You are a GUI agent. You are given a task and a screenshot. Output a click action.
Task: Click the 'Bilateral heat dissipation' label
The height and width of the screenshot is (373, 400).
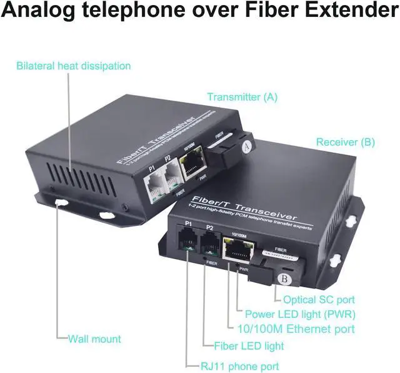point(74,66)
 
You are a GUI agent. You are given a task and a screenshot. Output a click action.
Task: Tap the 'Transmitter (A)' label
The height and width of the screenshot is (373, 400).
point(242,97)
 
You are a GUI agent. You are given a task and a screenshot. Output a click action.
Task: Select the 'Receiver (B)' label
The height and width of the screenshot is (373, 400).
point(345,142)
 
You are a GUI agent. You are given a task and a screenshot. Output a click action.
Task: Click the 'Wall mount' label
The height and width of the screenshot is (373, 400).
point(94,339)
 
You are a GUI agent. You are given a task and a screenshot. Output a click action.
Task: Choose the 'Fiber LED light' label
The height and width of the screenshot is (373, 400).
point(249,345)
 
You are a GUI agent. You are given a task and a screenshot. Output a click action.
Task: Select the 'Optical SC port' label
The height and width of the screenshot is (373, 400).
point(319,299)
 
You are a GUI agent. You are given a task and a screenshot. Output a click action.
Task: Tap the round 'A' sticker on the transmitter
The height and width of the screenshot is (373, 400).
point(248,148)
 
